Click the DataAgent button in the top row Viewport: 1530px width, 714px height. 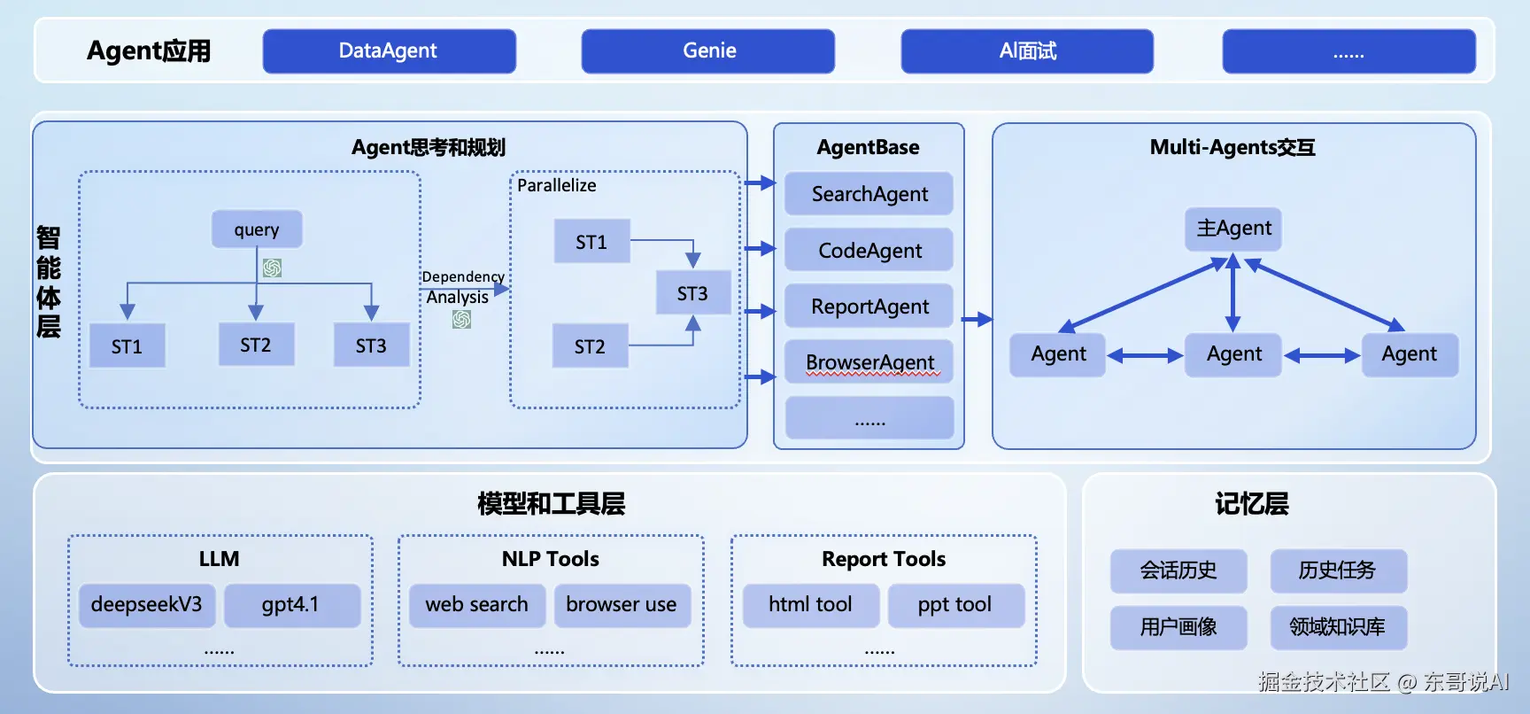[389, 51]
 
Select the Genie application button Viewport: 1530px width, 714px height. [708, 51]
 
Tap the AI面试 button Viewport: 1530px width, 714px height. [1027, 51]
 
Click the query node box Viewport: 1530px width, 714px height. [257, 229]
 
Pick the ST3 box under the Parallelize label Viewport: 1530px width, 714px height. [692, 293]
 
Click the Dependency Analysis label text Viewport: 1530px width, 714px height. [460, 287]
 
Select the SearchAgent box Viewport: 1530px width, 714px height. [869, 194]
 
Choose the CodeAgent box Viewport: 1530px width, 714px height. [869, 251]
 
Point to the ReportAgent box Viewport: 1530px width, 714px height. [869, 307]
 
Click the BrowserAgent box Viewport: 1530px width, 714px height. [869, 362]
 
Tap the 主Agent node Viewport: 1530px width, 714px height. [1233, 229]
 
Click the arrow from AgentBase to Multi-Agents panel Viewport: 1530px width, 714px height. [977, 320]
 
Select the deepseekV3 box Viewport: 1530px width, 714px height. [147, 605]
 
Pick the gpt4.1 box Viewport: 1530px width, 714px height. [291, 605]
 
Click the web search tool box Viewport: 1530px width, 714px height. [476, 605]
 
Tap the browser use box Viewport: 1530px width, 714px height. [622, 605]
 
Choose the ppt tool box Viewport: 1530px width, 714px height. [955, 605]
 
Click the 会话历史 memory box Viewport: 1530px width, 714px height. [1178, 570]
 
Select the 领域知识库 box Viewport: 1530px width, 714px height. [1338, 627]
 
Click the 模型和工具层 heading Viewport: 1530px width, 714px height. [551, 504]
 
